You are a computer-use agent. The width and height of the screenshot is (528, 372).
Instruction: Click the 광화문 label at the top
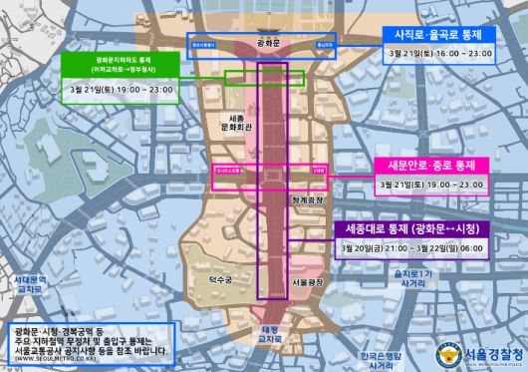click(x=266, y=44)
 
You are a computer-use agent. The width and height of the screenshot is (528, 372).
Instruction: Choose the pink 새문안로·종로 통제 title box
click(x=430, y=164)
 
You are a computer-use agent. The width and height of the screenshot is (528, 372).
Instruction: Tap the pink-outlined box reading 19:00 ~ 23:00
click(x=430, y=186)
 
